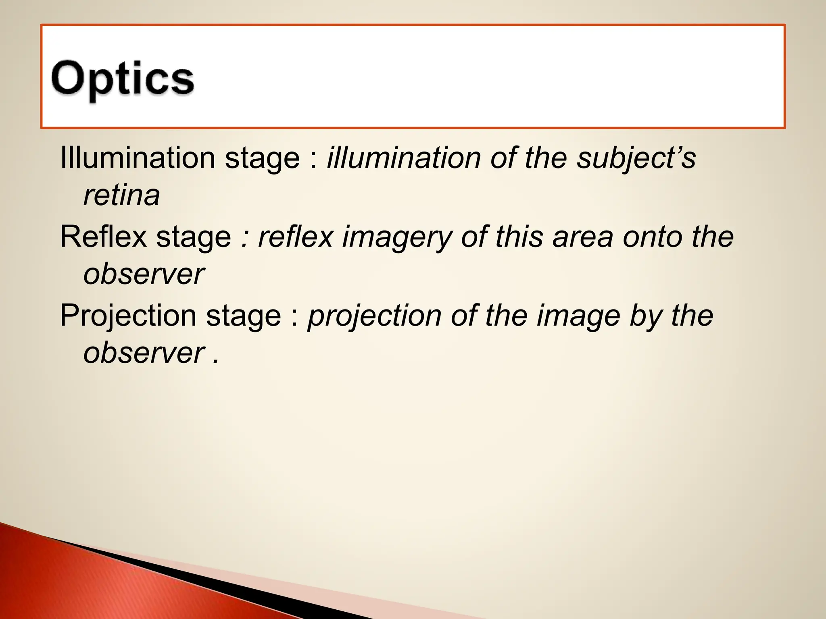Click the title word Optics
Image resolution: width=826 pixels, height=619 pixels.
tap(122, 79)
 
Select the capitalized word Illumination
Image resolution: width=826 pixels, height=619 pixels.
tap(137, 158)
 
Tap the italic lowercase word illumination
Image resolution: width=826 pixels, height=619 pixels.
tap(403, 158)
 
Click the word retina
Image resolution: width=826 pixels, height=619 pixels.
tap(121, 195)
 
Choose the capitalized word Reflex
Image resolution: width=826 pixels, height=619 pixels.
tap(103, 237)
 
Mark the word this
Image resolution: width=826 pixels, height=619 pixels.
tap(519, 237)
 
